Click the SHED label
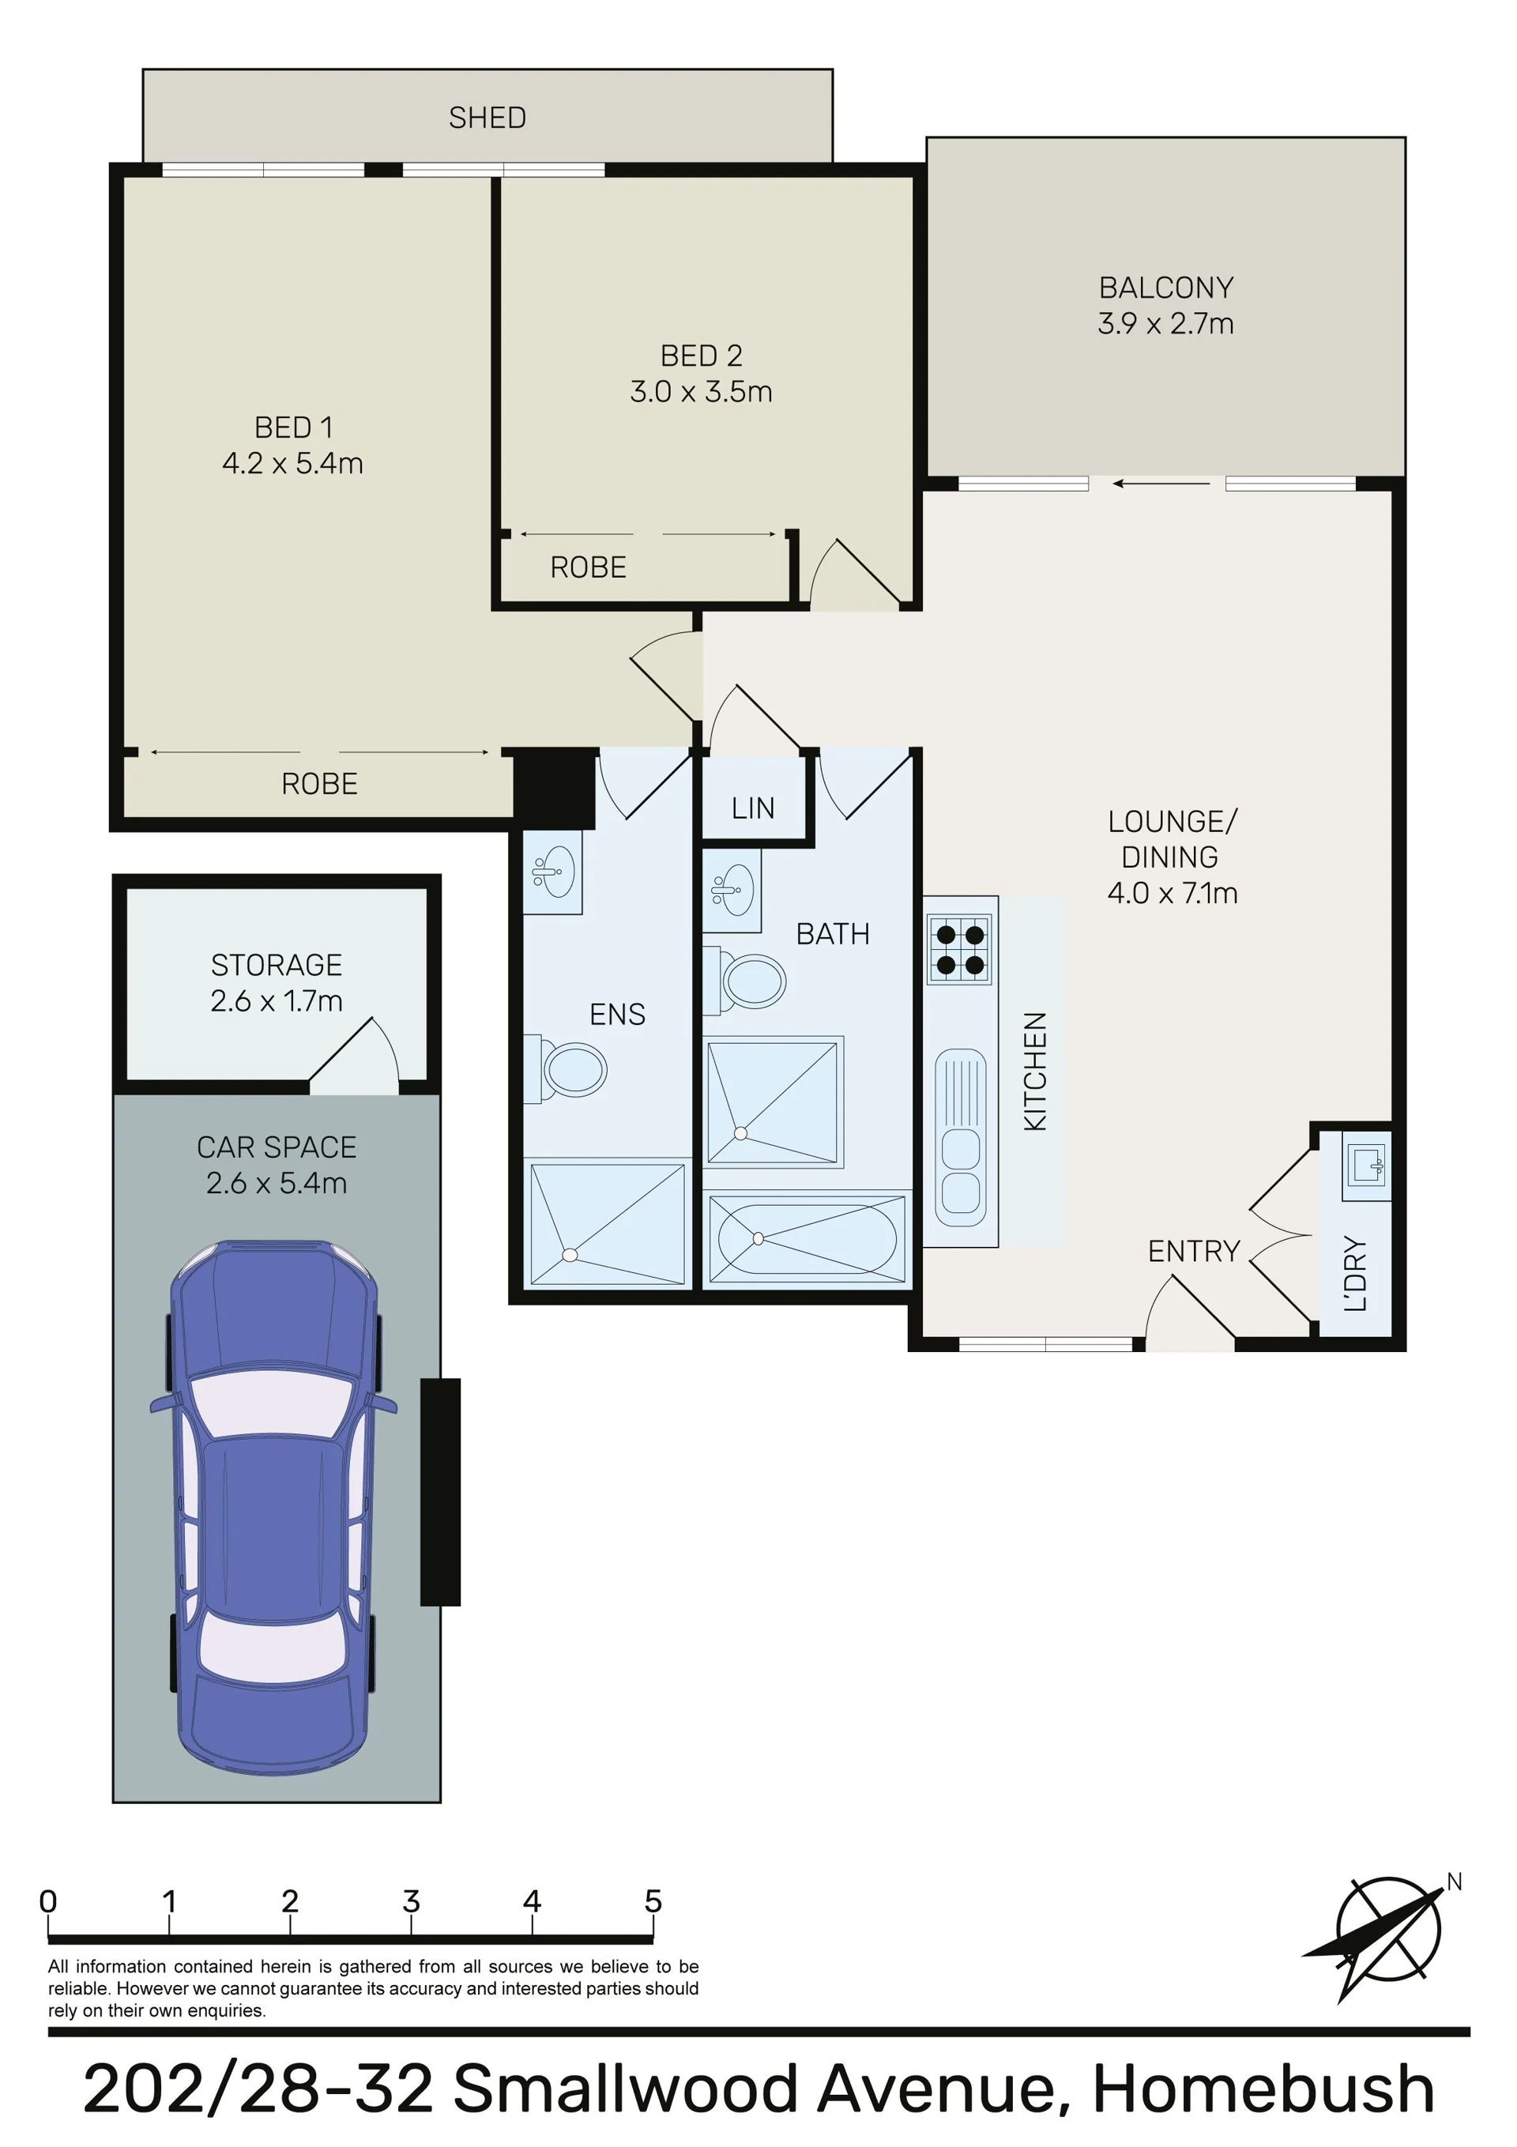[487, 118]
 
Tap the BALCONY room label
[1165, 287]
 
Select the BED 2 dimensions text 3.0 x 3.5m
[702, 392]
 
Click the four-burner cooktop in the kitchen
[958, 949]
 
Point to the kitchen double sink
[960, 1137]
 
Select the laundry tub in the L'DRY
[1366, 1165]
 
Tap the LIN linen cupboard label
[753, 808]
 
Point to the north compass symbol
[1383, 1934]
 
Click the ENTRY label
[1193, 1251]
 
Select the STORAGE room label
[277, 965]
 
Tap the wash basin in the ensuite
[551, 872]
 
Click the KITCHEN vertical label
[1035, 1072]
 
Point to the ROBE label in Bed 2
[589, 567]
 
